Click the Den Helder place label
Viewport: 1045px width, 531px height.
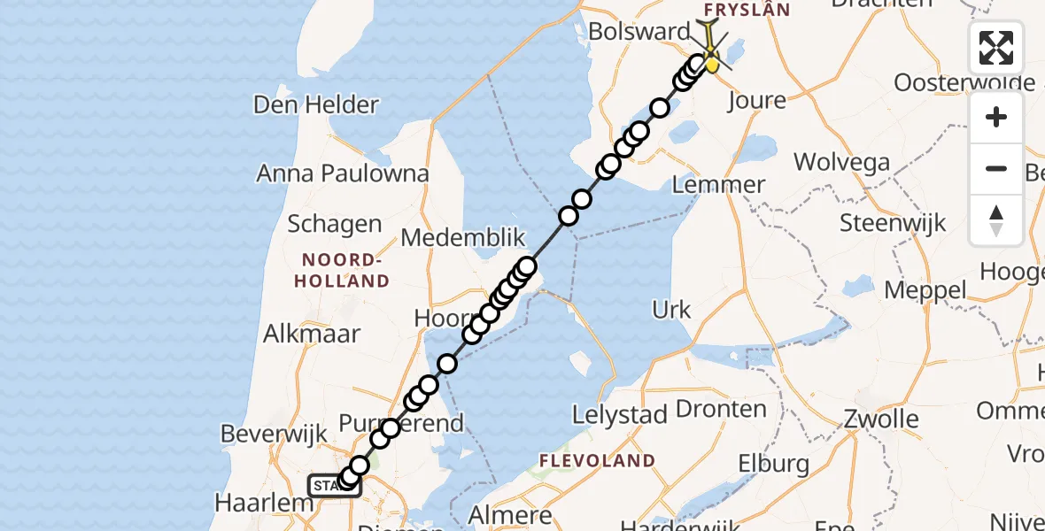(315, 104)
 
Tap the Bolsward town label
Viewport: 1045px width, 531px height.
(639, 32)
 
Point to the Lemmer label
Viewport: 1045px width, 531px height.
(718, 185)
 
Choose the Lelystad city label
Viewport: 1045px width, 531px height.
(619, 413)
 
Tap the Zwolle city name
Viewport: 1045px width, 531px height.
(880, 419)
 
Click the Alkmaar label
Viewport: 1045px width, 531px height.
(312, 334)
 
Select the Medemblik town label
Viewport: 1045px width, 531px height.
(463, 238)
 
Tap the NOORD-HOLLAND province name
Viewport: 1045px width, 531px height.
(345, 271)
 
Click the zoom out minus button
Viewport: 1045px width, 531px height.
(996, 169)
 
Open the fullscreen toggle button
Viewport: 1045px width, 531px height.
(996, 48)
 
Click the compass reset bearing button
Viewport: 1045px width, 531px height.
(996, 220)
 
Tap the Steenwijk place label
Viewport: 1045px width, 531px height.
(893, 222)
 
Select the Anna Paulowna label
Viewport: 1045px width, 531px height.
(343, 173)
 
